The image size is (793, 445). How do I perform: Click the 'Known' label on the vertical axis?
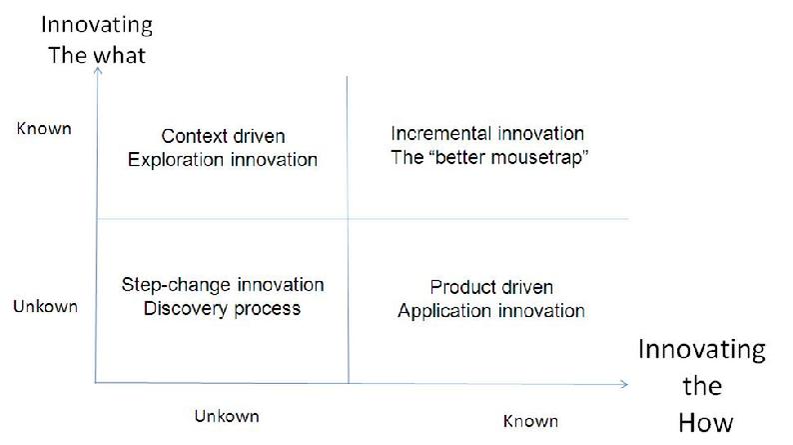pyautogui.click(x=44, y=129)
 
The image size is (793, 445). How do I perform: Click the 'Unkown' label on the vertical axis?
pyautogui.click(x=46, y=306)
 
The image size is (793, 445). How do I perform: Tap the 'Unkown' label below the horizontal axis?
pyautogui.click(x=227, y=416)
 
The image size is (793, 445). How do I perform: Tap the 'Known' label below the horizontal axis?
pyautogui.click(x=530, y=421)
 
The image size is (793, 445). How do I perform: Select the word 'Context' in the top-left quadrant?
pyautogui.click(x=194, y=136)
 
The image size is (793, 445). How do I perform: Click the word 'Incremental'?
pyautogui.click(x=441, y=134)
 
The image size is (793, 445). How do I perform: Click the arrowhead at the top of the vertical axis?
pyautogui.click(x=98, y=70)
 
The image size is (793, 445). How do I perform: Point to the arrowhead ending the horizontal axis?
pyautogui.click(x=624, y=384)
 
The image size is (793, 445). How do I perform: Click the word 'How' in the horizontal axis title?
pyautogui.click(x=705, y=422)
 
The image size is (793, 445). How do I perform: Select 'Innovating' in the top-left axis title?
pyautogui.click(x=97, y=25)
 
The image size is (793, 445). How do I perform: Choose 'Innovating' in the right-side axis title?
pyautogui.click(x=702, y=350)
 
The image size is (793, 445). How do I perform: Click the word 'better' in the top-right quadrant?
pyautogui.click(x=460, y=157)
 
